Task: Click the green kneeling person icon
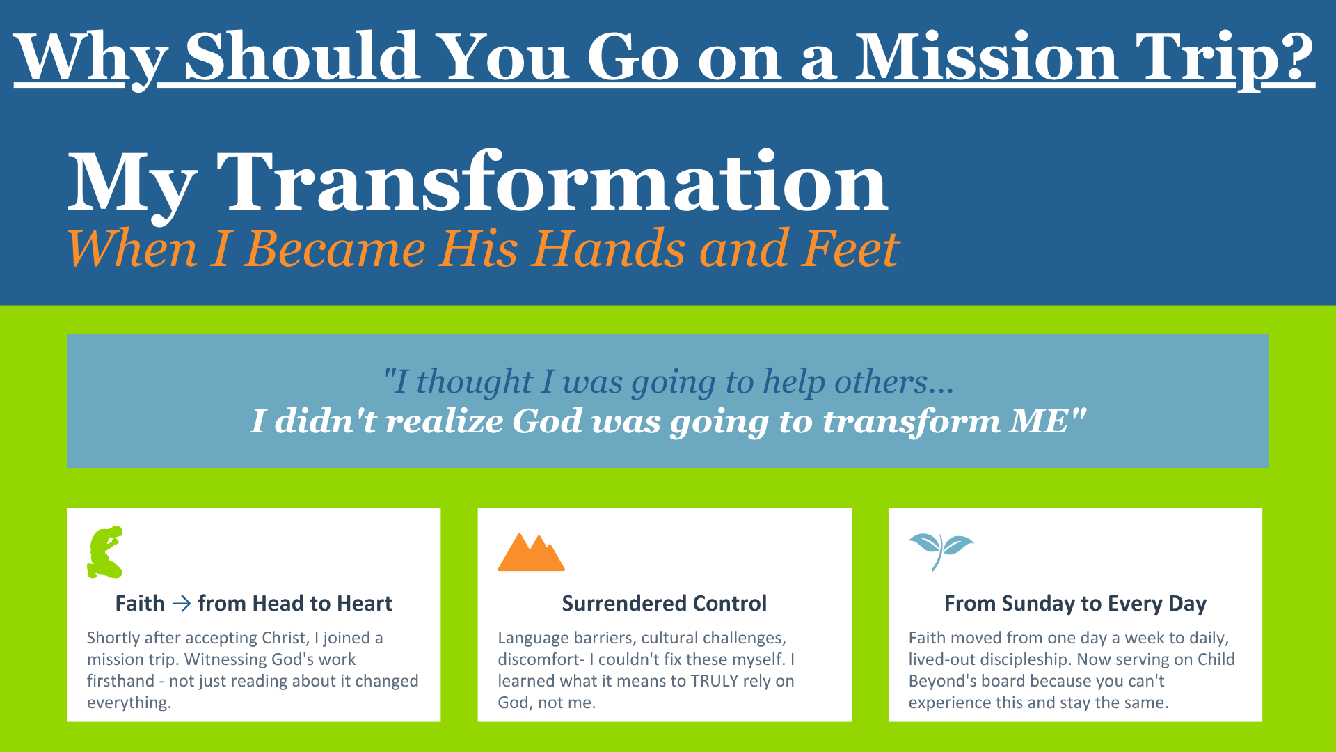click(105, 551)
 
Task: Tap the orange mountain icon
click(532, 552)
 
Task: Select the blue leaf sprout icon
click(941, 551)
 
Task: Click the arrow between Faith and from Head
click(181, 603)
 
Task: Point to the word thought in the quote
click(474, 382)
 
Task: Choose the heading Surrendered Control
click(665, 603)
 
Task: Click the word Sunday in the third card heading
click(1038, 604)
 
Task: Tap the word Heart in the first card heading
click(365, 603)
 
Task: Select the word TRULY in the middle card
click(714, 681)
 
